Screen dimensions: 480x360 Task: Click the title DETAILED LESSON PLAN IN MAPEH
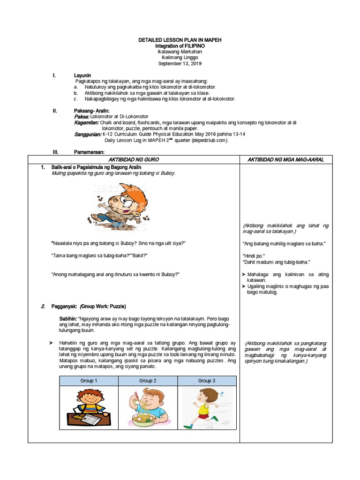(x=180, y=40)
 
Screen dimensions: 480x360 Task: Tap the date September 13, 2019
(x=180, y=63)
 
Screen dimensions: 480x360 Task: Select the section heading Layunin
(x=82, y=75)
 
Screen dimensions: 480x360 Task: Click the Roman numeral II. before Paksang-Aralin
(x=55, y=111)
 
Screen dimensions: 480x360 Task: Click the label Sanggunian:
(x=88, y=134)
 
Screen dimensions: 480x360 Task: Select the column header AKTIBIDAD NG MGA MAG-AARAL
(x=286, y=159)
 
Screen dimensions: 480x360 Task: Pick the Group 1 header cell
(x=89, y=381)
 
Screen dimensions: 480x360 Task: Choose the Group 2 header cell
(x=148, y=381)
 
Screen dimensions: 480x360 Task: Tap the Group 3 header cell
(x=207, y=381)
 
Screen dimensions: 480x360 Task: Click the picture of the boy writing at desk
(x=88, y=407)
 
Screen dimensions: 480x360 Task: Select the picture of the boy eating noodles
(x=148, y=407)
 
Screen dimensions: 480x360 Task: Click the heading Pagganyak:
(x=63, y=307)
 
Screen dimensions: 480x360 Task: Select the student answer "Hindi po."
(x=254, y=256)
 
